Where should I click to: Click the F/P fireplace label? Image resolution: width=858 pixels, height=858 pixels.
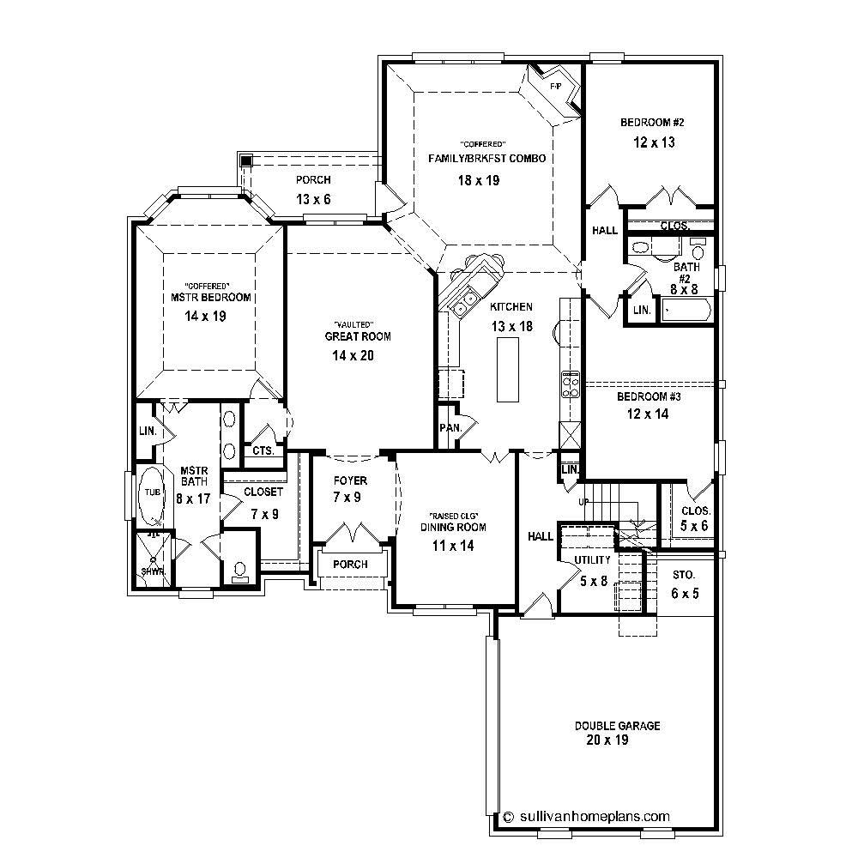(554, 87)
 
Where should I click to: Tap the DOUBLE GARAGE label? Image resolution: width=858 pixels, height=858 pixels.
(617, 726)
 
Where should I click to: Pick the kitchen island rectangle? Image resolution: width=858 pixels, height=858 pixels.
(508, 370)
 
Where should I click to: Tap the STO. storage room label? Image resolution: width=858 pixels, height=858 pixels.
(684, 574)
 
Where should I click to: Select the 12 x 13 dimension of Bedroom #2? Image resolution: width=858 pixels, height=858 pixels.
(654, 143)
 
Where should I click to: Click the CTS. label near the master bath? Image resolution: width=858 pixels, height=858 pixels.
(263, 450)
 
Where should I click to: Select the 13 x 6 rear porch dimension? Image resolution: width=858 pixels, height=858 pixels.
(313, 200)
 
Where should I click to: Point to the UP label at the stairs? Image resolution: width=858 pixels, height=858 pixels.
(584, 502)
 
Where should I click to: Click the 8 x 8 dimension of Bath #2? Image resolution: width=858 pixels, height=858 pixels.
(684, 290)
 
